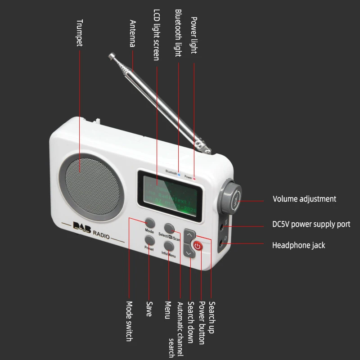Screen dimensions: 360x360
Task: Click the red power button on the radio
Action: coord(198,246)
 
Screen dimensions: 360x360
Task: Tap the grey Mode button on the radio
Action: coord(150,224)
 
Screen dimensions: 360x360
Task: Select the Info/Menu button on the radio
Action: coord(169,246)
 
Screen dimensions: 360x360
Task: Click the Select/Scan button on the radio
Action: coord(169,228)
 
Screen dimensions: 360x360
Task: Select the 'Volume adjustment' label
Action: coord(304,199)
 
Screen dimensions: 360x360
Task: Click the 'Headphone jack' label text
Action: coord(298,245)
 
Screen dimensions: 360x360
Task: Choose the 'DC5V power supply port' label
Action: coord(311,224)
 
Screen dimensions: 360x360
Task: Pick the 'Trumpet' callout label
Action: coord(79,32)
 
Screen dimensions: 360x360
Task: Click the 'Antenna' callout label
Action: coord(133,33)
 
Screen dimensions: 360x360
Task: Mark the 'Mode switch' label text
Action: coord(128,321)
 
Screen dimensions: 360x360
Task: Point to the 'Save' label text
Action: coord(149,309)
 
